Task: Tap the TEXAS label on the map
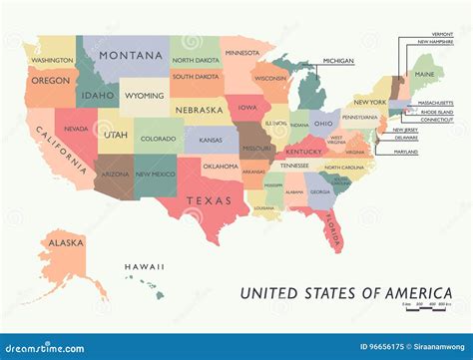(208, 200)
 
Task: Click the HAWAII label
(144, 267)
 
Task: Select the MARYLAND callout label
(405, 152)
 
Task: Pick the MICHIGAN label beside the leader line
(338, 61)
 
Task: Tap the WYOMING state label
(145, 96)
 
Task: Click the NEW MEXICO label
(156, 175)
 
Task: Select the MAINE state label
(424, 74)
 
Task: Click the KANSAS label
(211, 140)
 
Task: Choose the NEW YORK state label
(369, 103)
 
